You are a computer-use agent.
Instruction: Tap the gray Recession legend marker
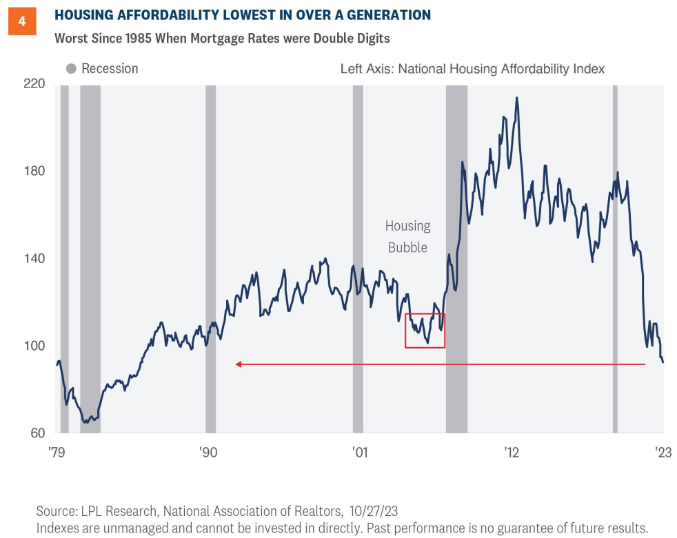pyautogui.click(x=71, y=69)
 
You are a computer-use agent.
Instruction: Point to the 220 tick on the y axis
pyautogui.click(x=34, y=84)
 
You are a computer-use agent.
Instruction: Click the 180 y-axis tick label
pyautogui.click(x=34, y=172)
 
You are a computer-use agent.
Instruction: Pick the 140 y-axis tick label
pyautogui.click(x=34, y=259)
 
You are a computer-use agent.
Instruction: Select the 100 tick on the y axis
pyautogui.click(x=34, y=346)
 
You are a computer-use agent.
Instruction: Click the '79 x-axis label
pyautogui.click(x=57, y=452)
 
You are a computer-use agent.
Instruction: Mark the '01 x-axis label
pyautogui.click(x=359, y=452)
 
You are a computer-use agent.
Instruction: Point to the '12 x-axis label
pyautogui.click(x=511, y=452)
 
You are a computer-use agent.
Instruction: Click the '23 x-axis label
pyautogui.click(x=663, y=452)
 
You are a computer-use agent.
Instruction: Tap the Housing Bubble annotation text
pyautogui.click(x=407, y=236)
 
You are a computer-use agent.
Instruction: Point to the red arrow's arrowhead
pyautogui.click(x=238, y=364)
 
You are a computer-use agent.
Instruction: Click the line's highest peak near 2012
pyautogui.click(x=516, y=98)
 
